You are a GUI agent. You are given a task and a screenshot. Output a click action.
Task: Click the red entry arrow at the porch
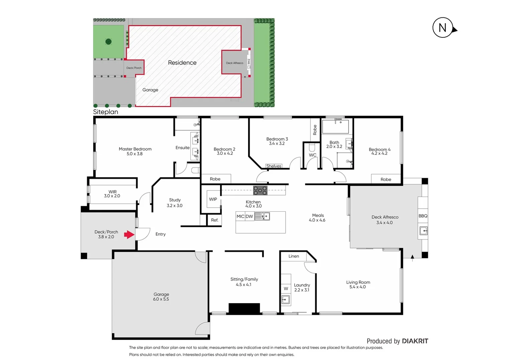[129, 235]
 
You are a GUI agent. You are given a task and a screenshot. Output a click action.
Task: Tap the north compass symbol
[443, 28]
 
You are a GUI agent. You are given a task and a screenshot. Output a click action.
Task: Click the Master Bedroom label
[135, 149]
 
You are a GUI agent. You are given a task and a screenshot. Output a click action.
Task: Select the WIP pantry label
[213, 199]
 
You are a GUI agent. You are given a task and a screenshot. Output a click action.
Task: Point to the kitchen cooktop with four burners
[260, 191]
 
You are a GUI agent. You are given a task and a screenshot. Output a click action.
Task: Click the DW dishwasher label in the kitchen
[249, 217]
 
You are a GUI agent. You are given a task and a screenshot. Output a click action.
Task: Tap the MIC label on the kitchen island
[240, 217]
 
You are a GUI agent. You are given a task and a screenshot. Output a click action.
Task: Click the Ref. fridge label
[215, 220]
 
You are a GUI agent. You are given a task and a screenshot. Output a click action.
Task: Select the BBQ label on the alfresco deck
[423, 216]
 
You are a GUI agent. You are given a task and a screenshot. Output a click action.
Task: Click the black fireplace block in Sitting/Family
[244, 308]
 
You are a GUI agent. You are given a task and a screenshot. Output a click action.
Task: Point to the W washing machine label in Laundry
[286, 288]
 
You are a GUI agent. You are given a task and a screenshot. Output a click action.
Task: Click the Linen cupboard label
[294, 256]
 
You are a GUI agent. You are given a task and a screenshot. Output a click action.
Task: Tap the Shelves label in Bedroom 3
[274, 166]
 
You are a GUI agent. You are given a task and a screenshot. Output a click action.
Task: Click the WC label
[312, 155]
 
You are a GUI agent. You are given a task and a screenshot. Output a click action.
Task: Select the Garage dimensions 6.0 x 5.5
[161, 299]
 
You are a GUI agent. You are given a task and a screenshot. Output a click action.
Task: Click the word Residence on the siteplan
[182, 63]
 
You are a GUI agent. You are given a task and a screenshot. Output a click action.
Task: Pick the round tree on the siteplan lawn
[108, 42]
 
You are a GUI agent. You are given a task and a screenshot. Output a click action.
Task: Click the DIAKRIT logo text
[415, 341]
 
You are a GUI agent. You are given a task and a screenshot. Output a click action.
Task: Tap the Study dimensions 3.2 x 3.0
[175, 206]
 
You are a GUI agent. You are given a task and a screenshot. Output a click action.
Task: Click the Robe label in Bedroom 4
[386, 179]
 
